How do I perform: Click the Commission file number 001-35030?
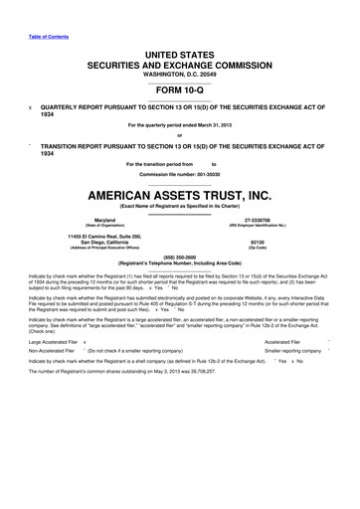(179, 173)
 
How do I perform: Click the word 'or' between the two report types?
(179, 136)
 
